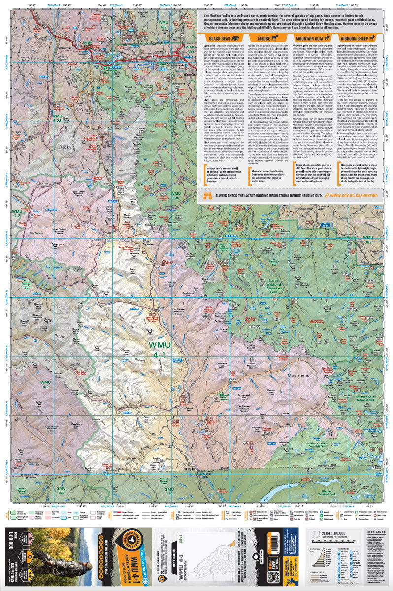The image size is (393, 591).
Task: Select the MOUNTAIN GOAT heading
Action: click(309, 38)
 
